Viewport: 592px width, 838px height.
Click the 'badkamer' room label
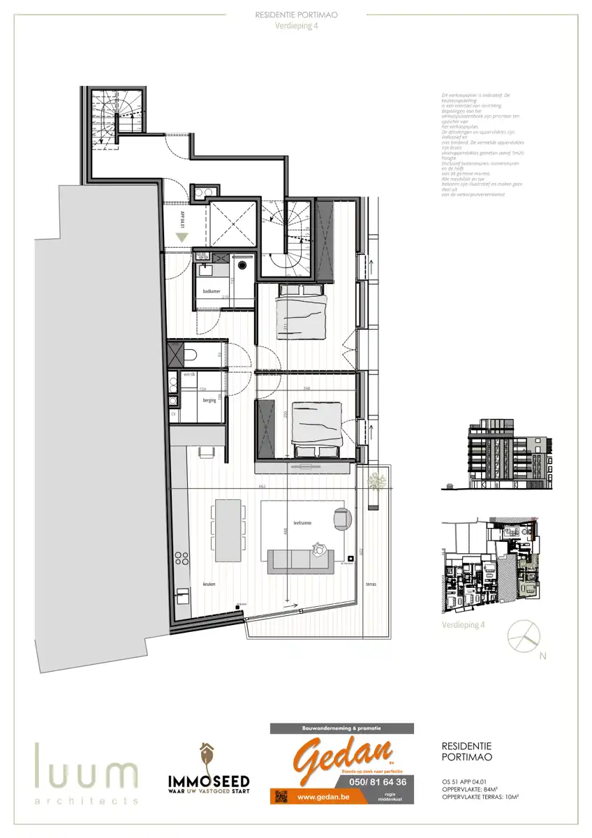(x=212, y=291)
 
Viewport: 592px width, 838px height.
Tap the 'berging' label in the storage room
(x=209, y=402)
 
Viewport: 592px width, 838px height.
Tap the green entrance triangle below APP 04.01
(x=182, y=237)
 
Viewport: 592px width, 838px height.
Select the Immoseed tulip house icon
(x=207, y=757)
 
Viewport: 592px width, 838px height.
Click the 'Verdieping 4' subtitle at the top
(x=297, y=27)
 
